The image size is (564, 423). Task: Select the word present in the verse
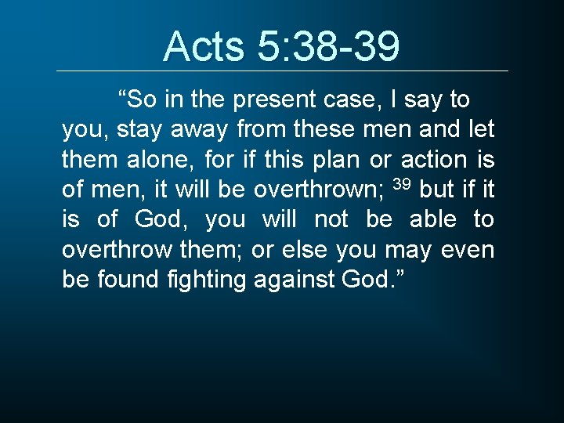coord(272,100)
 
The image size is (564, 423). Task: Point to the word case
coord(356,100)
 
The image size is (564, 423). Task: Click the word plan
coord(335,160)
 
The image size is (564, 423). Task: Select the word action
coord(434,160)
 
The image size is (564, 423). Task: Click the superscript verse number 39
coord(401,184)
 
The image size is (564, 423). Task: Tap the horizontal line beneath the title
coord(282,71)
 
